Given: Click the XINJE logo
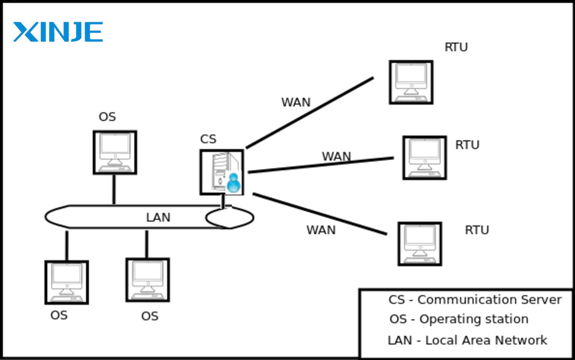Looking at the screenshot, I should [58, 32].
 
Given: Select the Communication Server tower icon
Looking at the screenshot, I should [222, 172].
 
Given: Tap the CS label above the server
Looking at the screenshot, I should [208, 140].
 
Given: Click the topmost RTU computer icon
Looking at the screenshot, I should [411, 82].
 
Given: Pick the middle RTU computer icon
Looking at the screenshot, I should [424, 158].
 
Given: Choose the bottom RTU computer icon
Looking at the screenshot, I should [419, 244].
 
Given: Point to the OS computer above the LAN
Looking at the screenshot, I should [115, 152].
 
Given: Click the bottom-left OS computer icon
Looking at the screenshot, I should [67, 282].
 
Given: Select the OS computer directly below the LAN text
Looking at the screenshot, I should [148, 280].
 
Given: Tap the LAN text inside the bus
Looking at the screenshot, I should [158, 218].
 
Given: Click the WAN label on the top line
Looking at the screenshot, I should [296, 103].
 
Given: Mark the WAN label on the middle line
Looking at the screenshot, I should [336, 157].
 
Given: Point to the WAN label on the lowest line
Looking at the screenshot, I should [321, 230].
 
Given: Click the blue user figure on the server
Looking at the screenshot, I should [233, 183].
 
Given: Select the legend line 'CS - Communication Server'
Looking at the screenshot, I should [474, 300].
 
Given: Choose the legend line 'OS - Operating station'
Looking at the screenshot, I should [459, 320].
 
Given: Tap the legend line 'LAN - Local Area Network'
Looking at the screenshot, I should [467, 340].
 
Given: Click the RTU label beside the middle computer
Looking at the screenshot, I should [467, 145].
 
